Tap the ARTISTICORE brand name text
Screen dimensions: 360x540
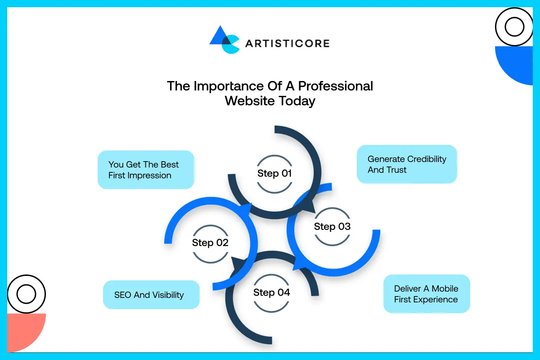287,44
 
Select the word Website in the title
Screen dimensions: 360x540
249,101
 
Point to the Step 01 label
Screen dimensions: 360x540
274,174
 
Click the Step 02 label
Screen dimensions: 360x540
210,243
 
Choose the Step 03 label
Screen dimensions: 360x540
332,227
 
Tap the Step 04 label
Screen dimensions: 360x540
271,292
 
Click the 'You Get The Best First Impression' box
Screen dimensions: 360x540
146,170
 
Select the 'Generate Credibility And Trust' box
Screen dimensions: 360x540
407,164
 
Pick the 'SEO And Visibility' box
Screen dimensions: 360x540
151,295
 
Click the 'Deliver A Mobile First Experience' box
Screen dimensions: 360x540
426,294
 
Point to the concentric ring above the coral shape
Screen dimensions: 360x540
26,294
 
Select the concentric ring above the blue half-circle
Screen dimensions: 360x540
514,27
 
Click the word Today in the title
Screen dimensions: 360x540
296,101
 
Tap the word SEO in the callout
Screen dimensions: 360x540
122,295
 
